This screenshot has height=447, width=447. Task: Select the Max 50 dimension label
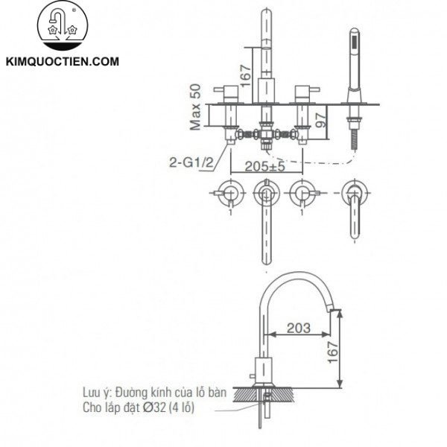click(195, 107)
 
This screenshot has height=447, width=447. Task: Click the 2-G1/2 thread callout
click(191, 159)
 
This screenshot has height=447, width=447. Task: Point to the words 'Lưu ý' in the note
click(96, 392)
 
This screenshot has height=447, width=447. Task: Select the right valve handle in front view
click(303, 92)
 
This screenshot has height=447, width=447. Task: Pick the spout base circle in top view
click(266, 194)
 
